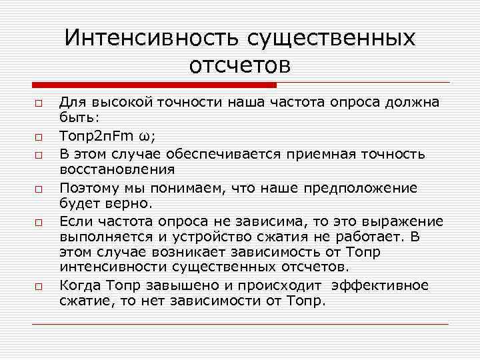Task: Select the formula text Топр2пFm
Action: point(97,137)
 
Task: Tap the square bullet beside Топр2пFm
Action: point(39,138)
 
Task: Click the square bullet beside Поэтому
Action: point(39,189)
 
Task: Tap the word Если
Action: point(73,221)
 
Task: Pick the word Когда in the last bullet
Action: point(77,285)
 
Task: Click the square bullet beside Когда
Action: point(39,286)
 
